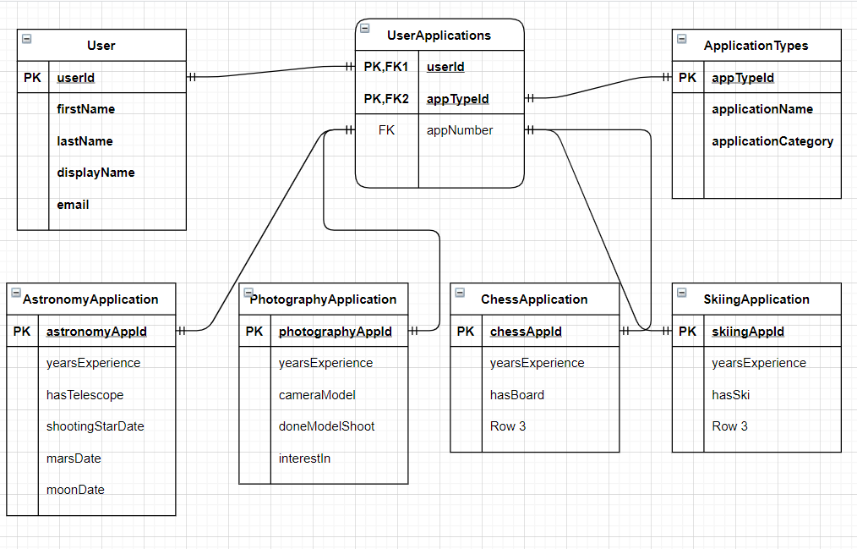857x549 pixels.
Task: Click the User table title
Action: pyautogui.click(x=101, y=46)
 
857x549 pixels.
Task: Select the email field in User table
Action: pyautogui.click(x=73, y=205)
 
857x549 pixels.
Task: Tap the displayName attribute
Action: pyautogui.click(x=96, y=173)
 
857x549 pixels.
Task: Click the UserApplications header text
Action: pyautogui.click(x=439, y=36)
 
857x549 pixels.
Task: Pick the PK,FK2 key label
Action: pyautogui.click(x=386, y=99)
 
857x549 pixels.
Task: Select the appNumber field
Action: pyautogui.click(x=459, y=130)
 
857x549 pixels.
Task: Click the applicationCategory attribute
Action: pyautogui.click(x=772, y=141)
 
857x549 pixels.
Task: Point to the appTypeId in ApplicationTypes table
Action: pyautogui.click(x=743, y=78)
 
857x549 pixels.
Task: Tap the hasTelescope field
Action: pyautogui.click(x=85, y=395)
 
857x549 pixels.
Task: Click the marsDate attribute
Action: pyautogui.click(x=74, y=458)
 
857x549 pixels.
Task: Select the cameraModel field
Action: pyautogui.click(x=317, y=395)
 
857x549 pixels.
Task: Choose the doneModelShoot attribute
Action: pyautogui.click(x=326, y=426)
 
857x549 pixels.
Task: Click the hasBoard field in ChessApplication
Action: pyautogui.click(x=516, y=395)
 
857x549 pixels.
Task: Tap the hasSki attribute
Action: pyautogui.click(x=730, y=395)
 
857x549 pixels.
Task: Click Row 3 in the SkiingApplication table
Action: pyautogui.click(x=729, y=426)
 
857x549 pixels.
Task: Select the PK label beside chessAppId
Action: pyautogui.click(x=466, y=332)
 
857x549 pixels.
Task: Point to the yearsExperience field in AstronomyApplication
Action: pyautogui.click(x=93, y=363)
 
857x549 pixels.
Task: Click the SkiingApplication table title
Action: pyautogui.click(x=756, y=299)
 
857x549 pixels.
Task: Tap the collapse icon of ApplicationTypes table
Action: pyautogui.click(x=682, y=38)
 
